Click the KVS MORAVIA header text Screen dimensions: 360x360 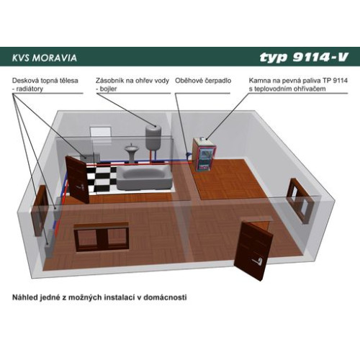click(45, 58)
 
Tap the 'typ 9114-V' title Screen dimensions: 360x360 click(304, 57)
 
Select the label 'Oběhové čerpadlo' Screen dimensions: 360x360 click(203, 81)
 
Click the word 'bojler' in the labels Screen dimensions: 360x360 click(108, 89)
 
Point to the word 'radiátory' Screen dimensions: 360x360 click(30, 89)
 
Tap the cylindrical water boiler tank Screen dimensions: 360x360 click(153, 137)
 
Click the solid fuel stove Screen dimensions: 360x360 click(204, 154)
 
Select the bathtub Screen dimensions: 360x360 click(145, 178)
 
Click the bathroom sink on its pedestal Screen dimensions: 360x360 click(132, 152)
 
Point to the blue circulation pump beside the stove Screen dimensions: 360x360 click(189, 154)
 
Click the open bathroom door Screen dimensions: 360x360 click(77, 179)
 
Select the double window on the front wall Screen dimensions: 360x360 click(102, 237)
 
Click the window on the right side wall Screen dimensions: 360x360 click(300, 200)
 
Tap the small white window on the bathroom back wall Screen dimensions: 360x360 click(101, 132)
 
